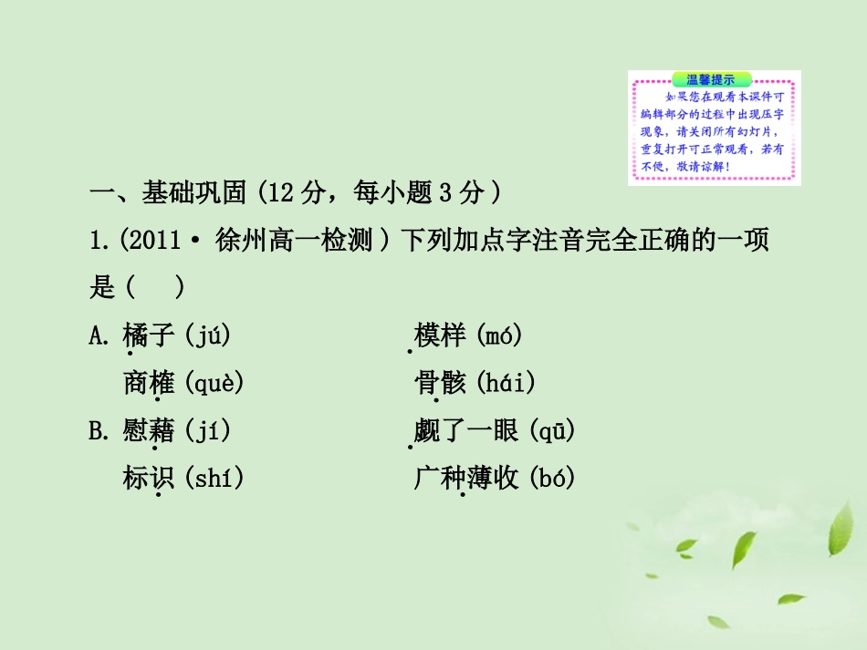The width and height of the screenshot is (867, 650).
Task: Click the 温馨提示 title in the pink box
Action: click(714, 79)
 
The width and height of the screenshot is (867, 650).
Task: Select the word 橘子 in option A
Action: click(148, 335)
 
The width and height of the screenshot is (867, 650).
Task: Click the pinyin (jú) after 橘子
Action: click(207, 335)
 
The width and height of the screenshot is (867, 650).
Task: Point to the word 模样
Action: click(440, 335)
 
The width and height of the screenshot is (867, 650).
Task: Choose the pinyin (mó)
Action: click(498, 335)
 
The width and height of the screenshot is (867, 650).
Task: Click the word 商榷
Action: click(148, 383)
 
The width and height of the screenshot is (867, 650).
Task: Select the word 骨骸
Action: click(440, 383)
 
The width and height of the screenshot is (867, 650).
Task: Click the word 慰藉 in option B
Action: click(148, 430)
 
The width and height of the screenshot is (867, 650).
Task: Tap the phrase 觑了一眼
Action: click(465, 430)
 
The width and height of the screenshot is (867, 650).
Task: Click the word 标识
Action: click(148, 478)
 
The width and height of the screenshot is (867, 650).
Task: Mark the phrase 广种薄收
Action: click(465, 478)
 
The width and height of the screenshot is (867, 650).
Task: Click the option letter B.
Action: click(99, 430)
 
